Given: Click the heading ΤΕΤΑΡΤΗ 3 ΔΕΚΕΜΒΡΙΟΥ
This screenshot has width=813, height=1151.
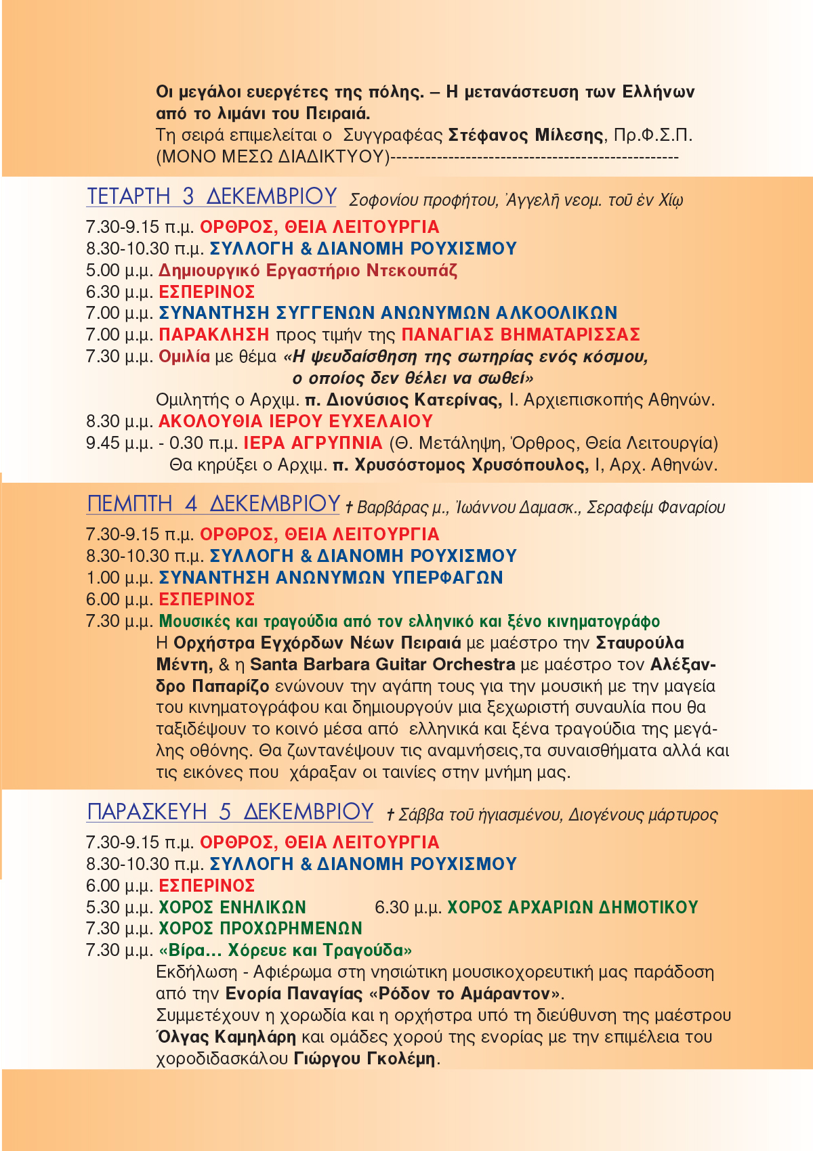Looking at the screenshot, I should coord(211,196).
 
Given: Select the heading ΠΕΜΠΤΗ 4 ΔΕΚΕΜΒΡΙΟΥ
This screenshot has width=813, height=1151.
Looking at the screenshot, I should coord(213,504).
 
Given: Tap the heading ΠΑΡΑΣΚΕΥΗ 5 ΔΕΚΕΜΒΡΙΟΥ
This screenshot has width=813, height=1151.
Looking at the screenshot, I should coord(230,811).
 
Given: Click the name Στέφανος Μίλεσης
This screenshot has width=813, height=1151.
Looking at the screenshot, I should coord(526,135).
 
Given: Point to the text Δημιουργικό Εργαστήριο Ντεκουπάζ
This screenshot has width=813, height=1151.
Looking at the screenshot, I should coord(308,271).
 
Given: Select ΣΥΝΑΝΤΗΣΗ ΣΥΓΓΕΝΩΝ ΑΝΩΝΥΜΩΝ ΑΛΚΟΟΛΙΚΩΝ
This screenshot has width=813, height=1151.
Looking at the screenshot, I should coord(388,313).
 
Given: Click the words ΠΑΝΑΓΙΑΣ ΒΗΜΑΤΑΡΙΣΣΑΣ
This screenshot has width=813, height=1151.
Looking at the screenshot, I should coord(520,334).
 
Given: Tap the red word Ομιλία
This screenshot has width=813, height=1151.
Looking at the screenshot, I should coord(184,356).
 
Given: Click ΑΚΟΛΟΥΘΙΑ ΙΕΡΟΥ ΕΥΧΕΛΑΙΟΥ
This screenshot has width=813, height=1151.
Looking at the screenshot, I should coord(295,421).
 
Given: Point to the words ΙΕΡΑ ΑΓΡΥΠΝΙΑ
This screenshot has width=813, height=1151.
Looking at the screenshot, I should coord(313,443).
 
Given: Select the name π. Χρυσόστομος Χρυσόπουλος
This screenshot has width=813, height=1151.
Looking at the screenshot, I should coord(461,465).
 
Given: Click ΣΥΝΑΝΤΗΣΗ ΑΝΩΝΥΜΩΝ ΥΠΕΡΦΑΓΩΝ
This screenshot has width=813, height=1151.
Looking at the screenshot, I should coord(331,578).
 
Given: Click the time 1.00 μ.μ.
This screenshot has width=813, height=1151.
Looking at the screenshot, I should coord(119,578).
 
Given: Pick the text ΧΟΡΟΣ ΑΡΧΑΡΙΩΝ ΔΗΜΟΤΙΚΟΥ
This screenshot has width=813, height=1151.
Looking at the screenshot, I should coord(572,907).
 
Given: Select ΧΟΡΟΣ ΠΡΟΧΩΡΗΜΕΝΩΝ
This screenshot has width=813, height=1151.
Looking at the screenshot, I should coord(260,928).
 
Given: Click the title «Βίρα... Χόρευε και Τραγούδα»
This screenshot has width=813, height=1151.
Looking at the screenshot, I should coord(285,950).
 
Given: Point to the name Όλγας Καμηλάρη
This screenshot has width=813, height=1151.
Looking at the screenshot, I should coord(226,1037).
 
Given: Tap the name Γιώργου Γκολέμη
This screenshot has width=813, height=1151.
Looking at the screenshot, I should coord(364,1058).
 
